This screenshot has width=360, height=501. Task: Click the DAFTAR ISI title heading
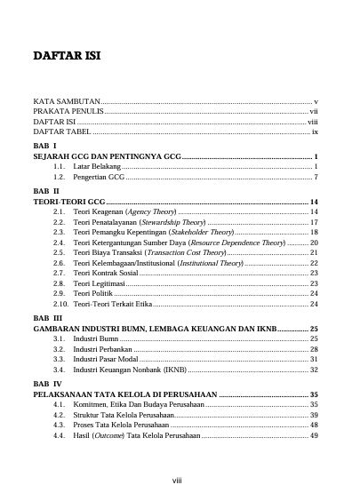click(67, 57)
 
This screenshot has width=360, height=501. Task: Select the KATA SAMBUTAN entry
click(67, 102)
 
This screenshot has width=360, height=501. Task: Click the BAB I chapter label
click(44, 145)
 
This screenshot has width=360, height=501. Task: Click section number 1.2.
click(60, 177)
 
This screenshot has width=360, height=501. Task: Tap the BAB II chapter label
click(45, 191)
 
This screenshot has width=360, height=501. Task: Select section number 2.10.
click(60, 304)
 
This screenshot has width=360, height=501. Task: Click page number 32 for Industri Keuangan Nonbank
click(314, 369)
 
